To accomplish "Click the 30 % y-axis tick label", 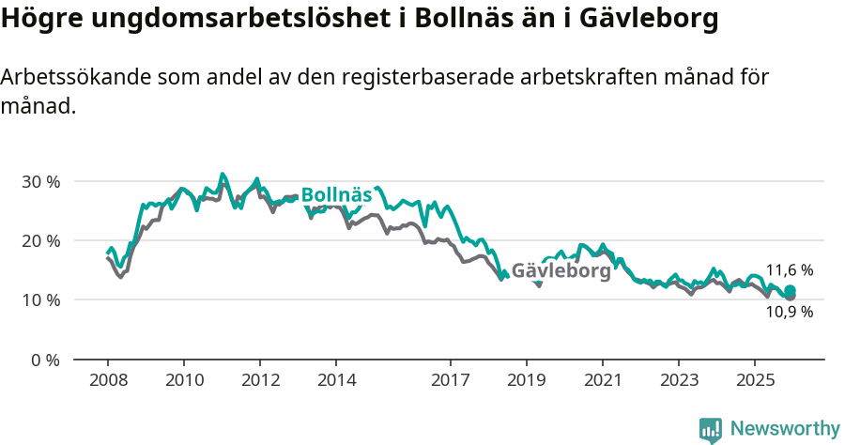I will pyautogui.click(x=40, y=181).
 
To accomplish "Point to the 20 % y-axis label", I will pyautogui.click(x=40, y=240).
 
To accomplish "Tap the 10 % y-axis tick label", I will pyautogui.click(x=40, y=300).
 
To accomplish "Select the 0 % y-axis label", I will pyautogui.click(x=44, y=360).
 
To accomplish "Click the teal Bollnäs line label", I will pyautogui.click(x=336, y=195).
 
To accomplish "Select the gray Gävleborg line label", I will pyautogui.click(x=561, y=270).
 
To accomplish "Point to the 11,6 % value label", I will pyautogui.click(x=789, y=270).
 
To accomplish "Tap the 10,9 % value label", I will pyautogui.click(x=789, y=313).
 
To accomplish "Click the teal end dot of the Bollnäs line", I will pyautogui.click(x=791, y=291).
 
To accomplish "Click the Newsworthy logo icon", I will pyautogui.click(x=711, y=430).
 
